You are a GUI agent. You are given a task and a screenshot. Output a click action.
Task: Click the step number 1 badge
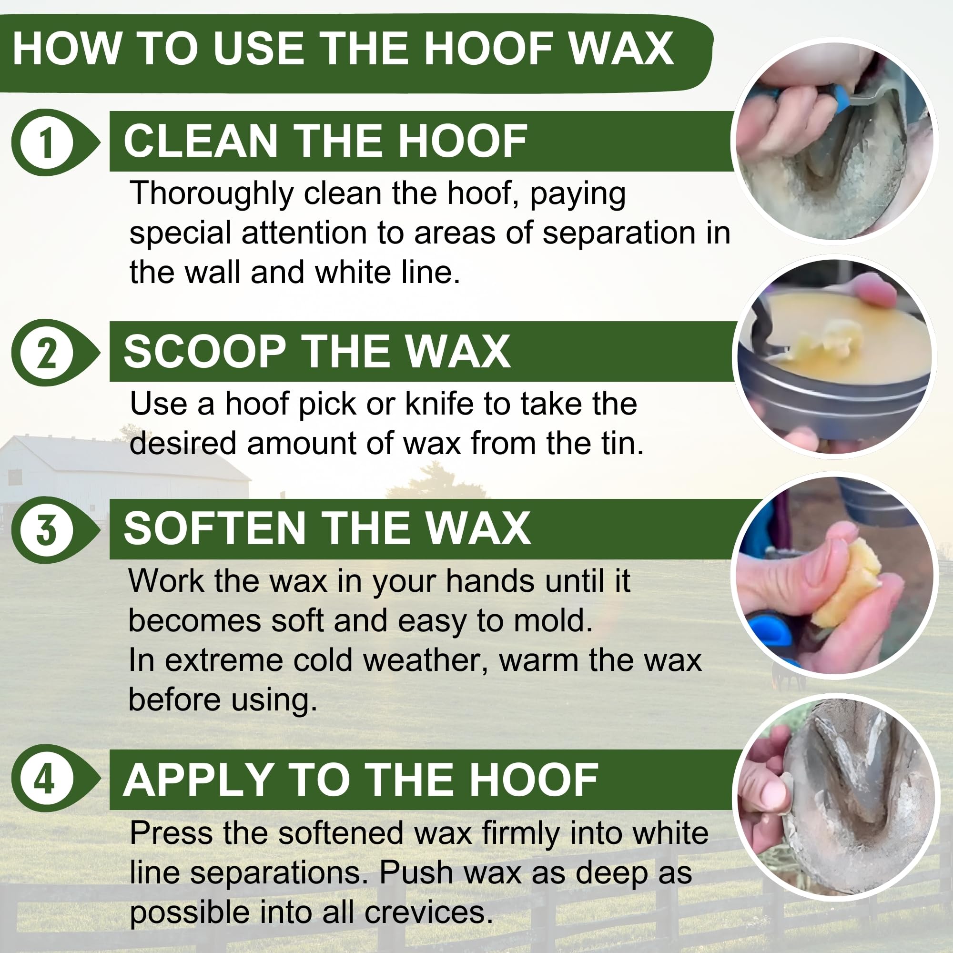point(47,142)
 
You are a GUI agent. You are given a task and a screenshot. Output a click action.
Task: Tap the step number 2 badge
point(47,352)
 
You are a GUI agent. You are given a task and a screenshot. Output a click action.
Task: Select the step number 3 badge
point(47,530)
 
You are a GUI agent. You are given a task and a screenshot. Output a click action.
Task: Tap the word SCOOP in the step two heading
point(205,351)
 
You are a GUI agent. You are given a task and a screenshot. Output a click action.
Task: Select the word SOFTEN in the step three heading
point(214,528)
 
